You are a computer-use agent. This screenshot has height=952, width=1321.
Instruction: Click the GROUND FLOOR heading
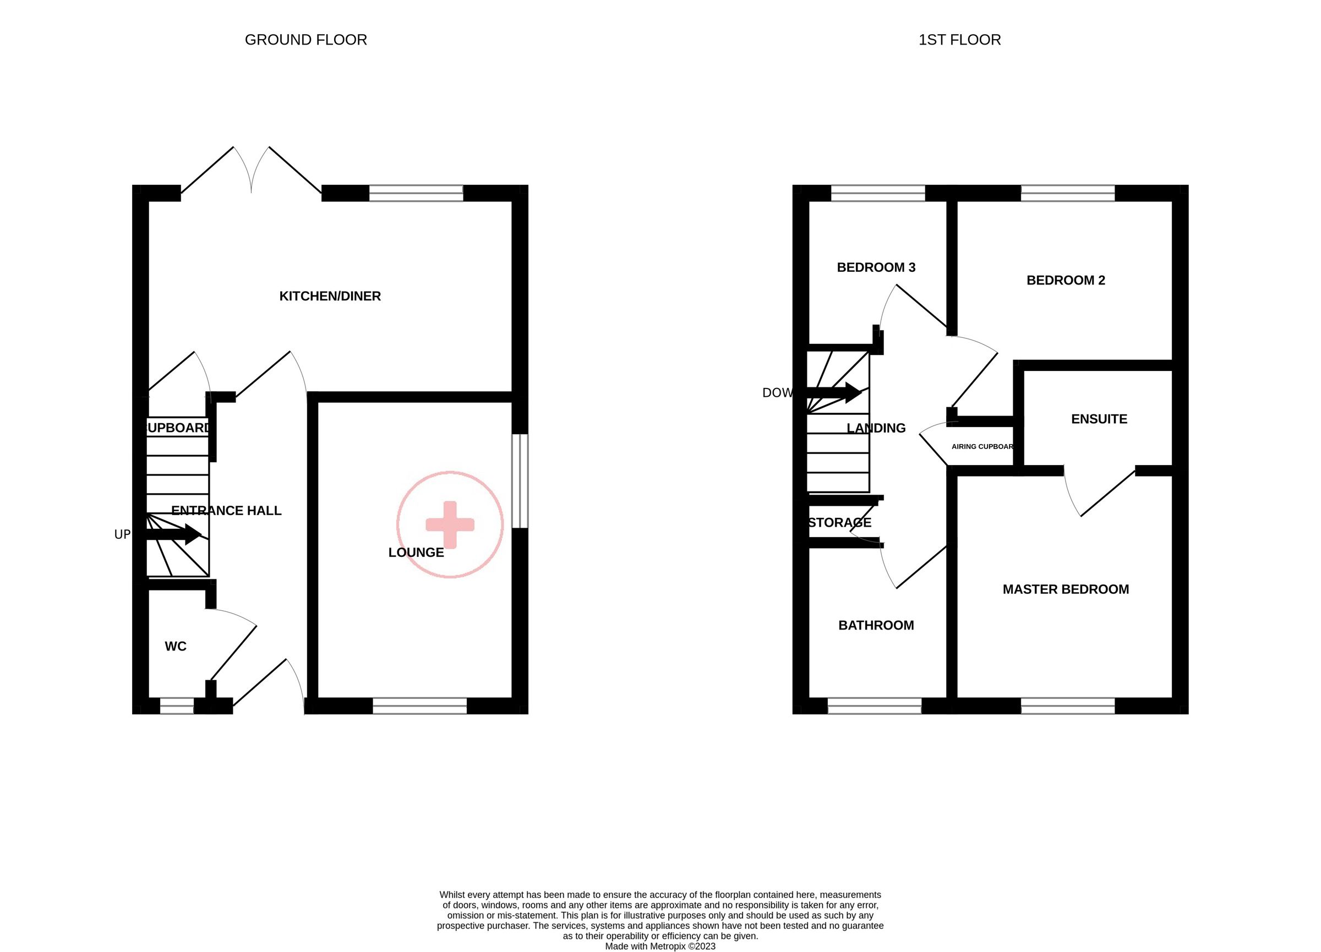tap(306, 40)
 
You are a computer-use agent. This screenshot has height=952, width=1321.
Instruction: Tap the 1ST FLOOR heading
tap(959, 40)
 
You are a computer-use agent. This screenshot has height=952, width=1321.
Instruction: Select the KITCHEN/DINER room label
tap(330, 296)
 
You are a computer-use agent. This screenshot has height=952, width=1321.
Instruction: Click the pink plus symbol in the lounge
tap(450, 524)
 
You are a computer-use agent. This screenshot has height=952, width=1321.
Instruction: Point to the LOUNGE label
tap(416, 552)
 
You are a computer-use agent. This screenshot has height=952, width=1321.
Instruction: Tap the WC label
tap(176, 645)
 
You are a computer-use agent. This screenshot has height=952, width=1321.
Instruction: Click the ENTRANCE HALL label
tap(226, 511)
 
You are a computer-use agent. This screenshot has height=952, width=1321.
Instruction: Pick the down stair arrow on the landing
tap(833, 392)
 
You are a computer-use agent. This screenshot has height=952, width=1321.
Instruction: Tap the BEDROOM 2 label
tap(1065, 280)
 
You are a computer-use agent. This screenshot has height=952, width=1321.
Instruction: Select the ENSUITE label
tap(1099, 419)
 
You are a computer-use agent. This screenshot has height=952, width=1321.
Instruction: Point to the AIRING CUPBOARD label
tap(982, 447)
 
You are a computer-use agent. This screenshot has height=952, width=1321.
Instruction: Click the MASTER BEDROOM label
tap(1065, 589)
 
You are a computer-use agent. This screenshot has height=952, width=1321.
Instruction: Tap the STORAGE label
tap(839, 522)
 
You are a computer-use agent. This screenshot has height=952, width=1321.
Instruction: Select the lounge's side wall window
tap(520, 481)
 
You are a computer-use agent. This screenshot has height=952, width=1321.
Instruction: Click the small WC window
tap(177, 705)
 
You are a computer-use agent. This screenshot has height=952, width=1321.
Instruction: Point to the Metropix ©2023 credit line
tap(660, 946)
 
